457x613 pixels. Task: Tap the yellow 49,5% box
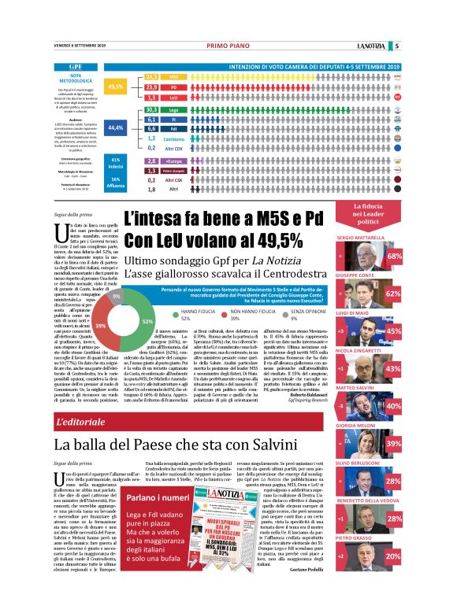(x=116, y=86)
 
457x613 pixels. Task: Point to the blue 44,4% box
(x=116, y=127)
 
